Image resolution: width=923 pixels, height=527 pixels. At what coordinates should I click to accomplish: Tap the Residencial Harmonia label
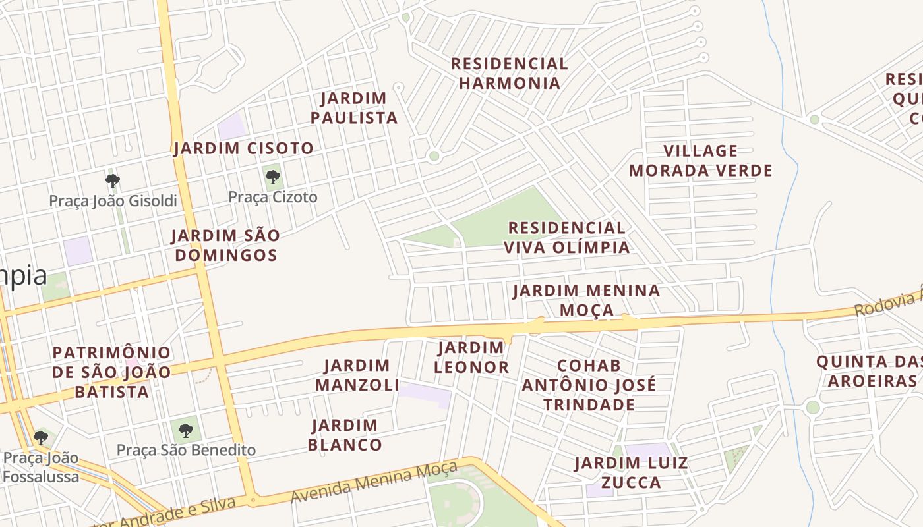point(509,73)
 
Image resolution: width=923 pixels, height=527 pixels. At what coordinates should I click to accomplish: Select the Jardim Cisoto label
point(243,148)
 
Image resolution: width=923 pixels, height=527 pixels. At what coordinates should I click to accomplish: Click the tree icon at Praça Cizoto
point(272,177)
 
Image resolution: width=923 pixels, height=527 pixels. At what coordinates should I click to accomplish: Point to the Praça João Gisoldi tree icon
point(113,180)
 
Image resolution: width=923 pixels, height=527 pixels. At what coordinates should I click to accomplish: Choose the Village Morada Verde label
point(700,161)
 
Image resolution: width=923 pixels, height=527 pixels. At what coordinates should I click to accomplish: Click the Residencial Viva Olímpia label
point(567,238)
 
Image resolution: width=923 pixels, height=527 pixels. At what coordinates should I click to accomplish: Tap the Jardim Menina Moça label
point(586,300)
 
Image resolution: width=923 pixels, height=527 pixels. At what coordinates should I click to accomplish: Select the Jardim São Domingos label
point(225,245)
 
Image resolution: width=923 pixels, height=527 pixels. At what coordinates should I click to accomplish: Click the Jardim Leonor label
point(471,358)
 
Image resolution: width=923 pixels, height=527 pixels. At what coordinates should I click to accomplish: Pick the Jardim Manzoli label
point(357,375)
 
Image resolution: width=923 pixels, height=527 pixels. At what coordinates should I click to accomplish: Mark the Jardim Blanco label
point(345,435)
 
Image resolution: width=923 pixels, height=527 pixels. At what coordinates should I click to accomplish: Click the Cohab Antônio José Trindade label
point(589,385)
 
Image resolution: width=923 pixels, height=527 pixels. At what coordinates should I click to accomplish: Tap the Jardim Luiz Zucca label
point(622,472)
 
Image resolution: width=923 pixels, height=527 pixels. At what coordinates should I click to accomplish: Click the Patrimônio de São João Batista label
point(111,372)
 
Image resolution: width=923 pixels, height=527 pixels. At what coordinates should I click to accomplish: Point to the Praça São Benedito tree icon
point(186,431)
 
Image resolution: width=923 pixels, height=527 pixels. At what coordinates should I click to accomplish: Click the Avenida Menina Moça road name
point(374,483)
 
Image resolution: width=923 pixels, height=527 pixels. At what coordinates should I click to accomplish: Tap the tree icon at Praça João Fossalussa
point(41,437)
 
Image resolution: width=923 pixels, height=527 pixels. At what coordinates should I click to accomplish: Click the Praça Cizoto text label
point(272,197)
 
